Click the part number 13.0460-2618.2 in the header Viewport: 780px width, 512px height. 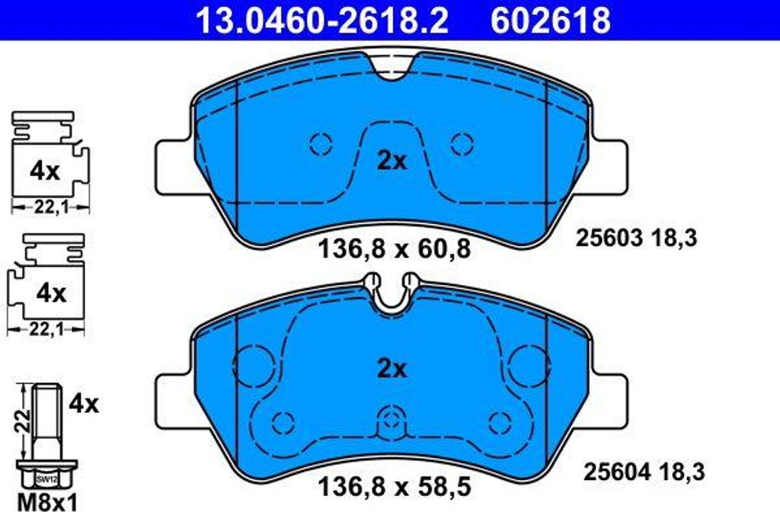point(322,21)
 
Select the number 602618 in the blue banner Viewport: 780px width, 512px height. point(551,21)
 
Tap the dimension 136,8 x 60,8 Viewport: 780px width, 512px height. point(394,249)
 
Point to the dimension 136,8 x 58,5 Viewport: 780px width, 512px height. point(394,486)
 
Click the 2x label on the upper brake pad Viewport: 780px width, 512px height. point(392,162)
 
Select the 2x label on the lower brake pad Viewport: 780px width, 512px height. point(392,369)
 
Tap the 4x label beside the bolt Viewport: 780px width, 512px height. point(84,404)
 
